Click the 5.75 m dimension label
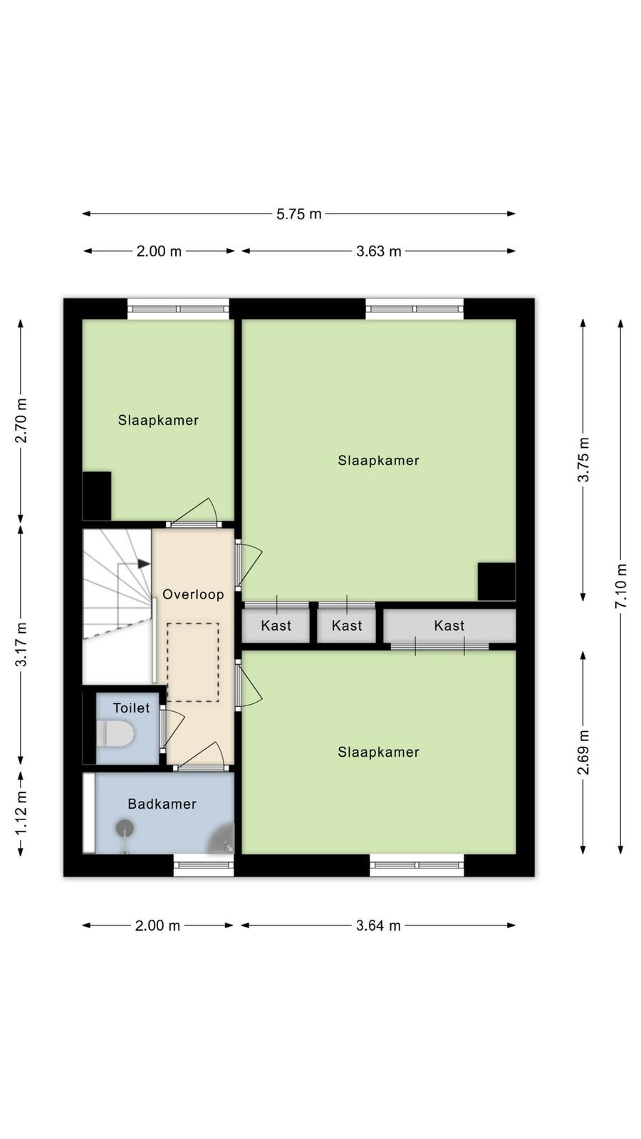(298, 214)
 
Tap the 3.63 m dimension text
(378, 251)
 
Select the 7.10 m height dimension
(620, 586)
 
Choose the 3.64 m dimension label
(378, 925)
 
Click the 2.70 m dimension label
(21, 421)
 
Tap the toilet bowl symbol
(115, 733)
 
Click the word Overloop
(193, 594)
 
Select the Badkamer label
(162, 804)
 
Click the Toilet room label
(131, 708)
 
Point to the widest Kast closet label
(449, 626)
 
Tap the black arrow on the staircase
(144, 564)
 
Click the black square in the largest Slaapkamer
(496, 581)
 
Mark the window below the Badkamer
(204, 865)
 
